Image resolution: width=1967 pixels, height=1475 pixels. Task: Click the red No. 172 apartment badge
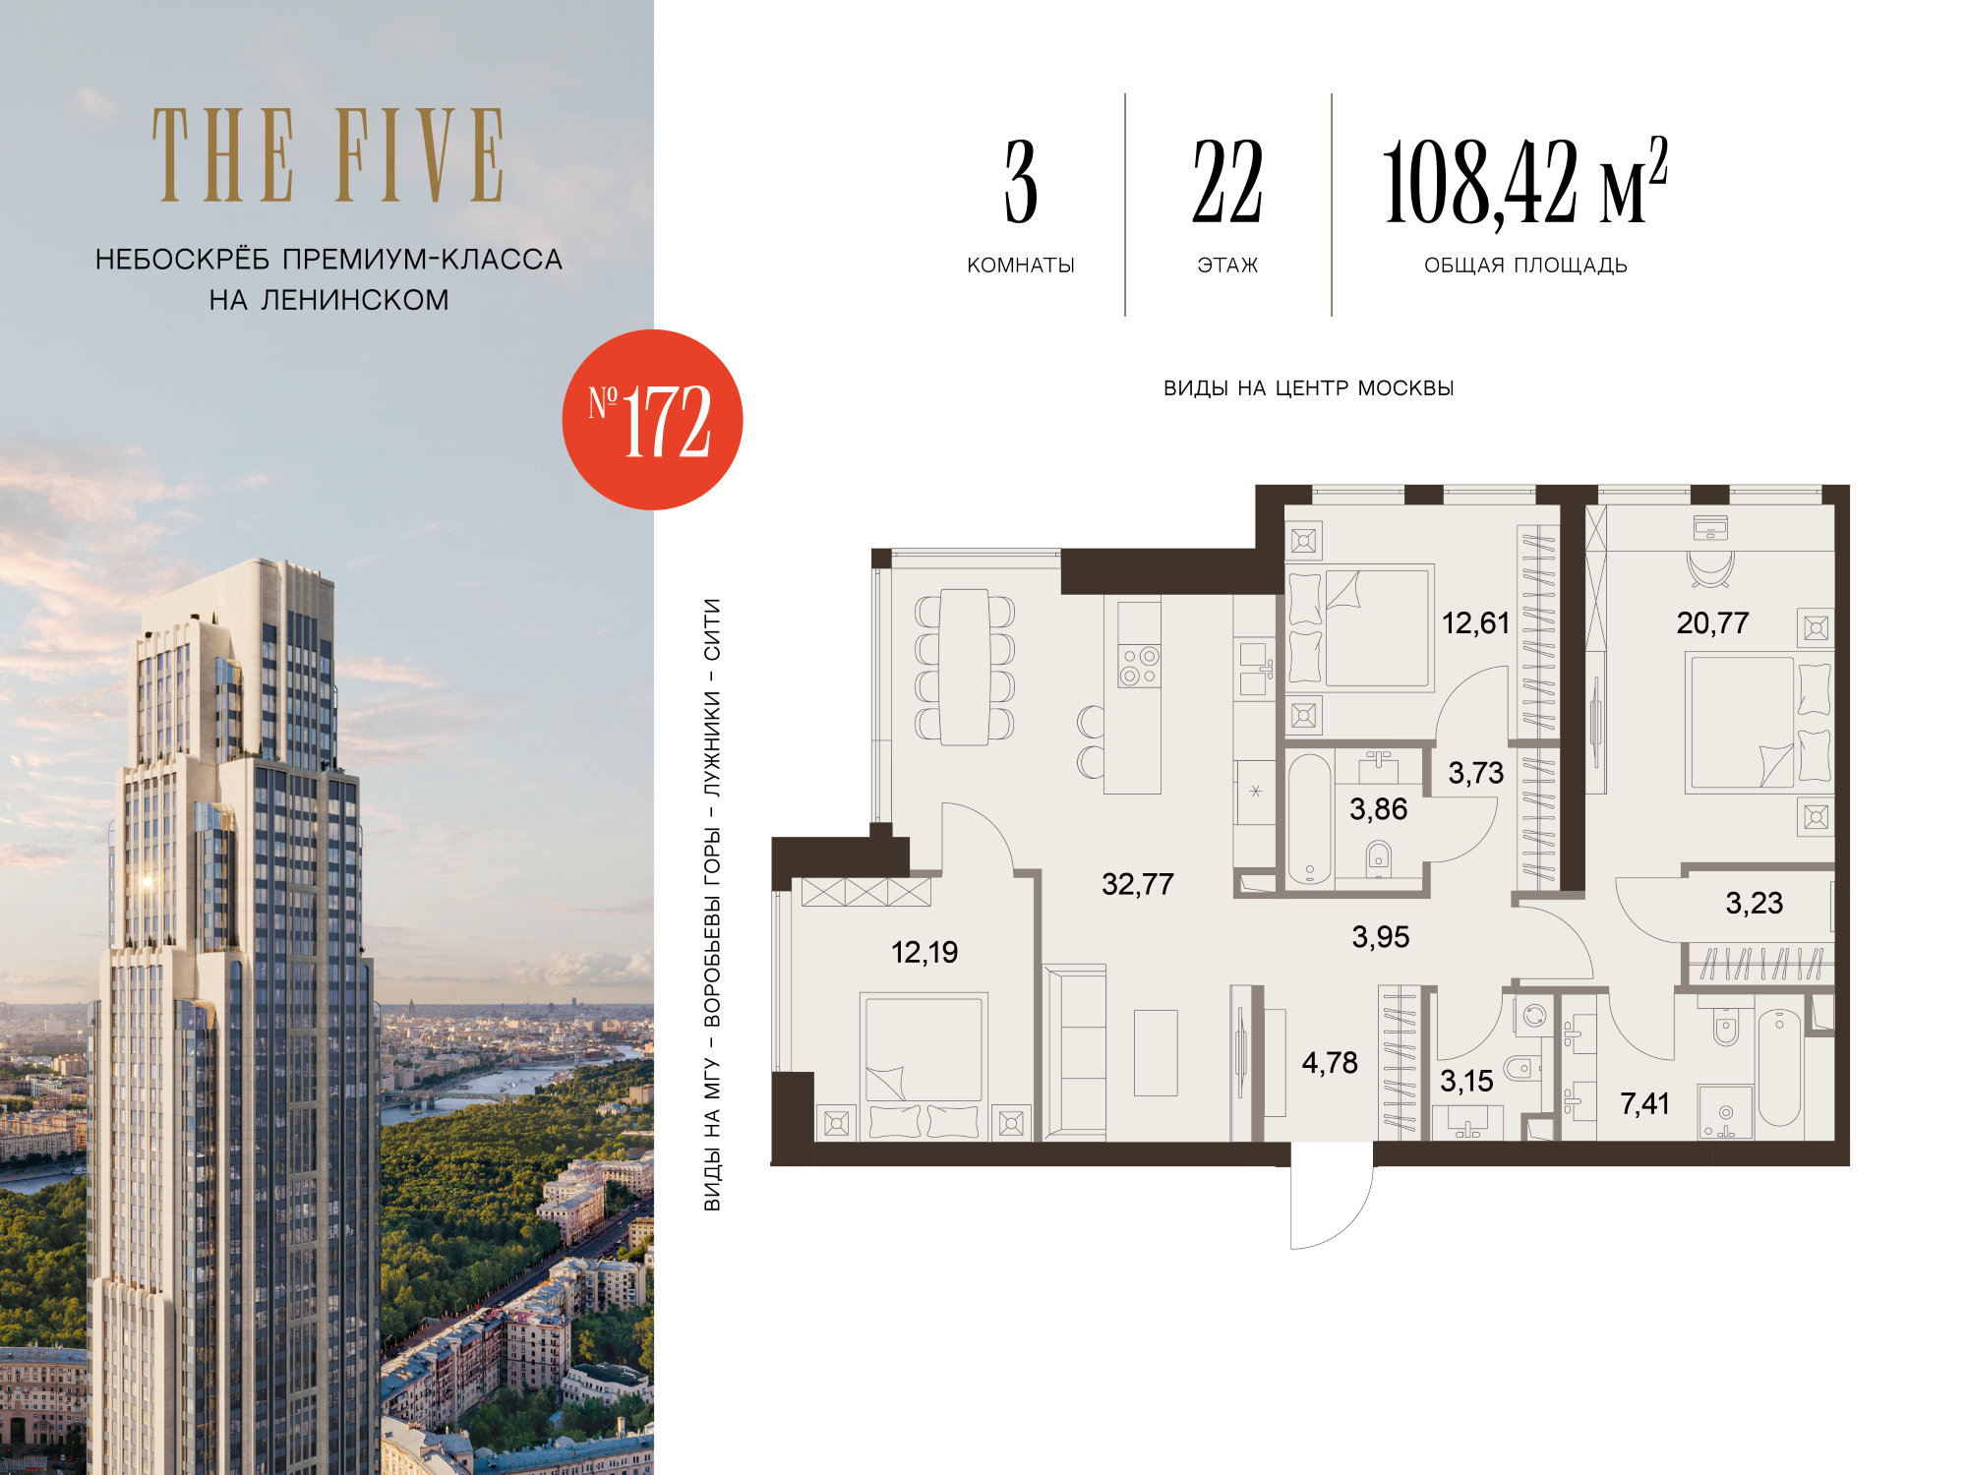click(652, 420)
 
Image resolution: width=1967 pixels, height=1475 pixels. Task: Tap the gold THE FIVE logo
click(328, 155)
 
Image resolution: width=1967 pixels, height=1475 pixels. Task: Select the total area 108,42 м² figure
click(1524, 183)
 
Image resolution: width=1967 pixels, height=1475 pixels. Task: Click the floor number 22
click(1227, 181)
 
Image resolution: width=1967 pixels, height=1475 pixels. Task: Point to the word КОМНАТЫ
click(1021, 265)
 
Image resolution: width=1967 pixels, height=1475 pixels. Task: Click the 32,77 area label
click(1138, 884)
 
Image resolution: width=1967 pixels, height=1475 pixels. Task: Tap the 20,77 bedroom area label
click(1712, 622)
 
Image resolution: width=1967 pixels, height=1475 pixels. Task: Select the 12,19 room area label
click(924, 952)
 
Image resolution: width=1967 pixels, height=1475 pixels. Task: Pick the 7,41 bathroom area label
click(1645, 1103)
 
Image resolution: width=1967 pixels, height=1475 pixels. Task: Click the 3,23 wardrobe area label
click(1755, 903)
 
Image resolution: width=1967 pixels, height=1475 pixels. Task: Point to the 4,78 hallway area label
click(1330, 1062)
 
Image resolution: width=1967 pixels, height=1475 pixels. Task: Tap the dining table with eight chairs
click(965, 667)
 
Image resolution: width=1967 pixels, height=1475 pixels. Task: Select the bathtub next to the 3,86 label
click(1310, 819)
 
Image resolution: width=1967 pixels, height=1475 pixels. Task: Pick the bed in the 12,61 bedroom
click(1360, 627)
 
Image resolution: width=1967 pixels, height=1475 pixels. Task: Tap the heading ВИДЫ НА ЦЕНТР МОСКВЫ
click(1308, 388)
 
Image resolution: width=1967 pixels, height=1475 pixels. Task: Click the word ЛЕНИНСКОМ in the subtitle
click(355, 300)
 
